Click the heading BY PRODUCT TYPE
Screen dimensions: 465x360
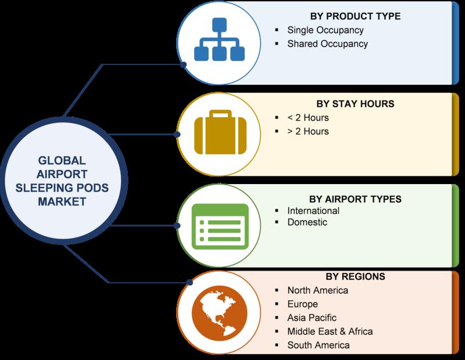[x=355, y=16]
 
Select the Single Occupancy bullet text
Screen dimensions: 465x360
[x=325, y=30]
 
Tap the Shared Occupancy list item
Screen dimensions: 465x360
[x=327, y=44]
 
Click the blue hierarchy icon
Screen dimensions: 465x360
[x=220, y=39]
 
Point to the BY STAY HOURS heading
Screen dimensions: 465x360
[x=355, y=104]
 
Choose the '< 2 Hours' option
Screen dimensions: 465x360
[x=308, y=118]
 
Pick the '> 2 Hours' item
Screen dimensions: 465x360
[x=308, y=131]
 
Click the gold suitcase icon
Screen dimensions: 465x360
[x=220, y=132]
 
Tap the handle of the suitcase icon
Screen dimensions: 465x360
[x=220, y=114]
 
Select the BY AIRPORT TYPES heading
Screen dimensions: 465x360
[x=355, y=199]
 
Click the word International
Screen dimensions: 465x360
[x=313, y=211]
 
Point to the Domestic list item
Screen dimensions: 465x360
[x=307, y=222]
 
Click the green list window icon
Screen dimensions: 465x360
[x=220, y=226]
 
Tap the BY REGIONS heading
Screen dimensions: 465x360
[x=355, y=276]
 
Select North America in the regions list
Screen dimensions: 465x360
[x=317, y=290]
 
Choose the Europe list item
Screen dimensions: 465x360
[x=302, y=304]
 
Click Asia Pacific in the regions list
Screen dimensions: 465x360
[x=312, y=318]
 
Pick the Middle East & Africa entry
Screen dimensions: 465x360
[x=330, y=332]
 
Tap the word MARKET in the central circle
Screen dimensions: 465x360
[x=62, y=202]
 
